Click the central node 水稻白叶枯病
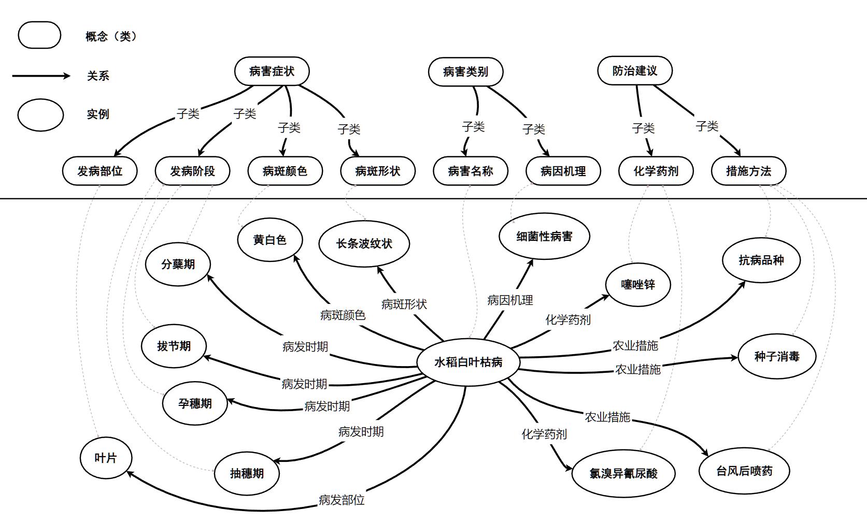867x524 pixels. [x=468, y=362]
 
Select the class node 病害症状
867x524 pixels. [x=272, y=71]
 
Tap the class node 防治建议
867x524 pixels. [x=634, y=70]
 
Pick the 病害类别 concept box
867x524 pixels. [x=465, y=71]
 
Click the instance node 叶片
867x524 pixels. [x=106, y=458]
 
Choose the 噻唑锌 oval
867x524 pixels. [x=637, y=284]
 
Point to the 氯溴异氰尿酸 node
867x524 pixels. [x=623, y=473]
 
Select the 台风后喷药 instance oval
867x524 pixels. [x=744, y=471]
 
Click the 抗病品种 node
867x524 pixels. [x=761, y=260]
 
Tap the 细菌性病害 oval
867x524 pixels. [x=544, y=237]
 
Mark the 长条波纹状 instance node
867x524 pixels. [x=364, y=243]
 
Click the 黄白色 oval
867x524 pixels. [x=269, y=240]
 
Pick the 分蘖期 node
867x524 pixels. [x=178, y=264]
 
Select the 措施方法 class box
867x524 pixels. [x=748, y=171]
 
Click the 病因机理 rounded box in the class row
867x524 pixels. [x=563, y=171]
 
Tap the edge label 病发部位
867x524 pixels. [x=342, y=500]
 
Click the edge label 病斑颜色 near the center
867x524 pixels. [x=343, y=315]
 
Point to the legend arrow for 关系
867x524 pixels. [x=41, y=76]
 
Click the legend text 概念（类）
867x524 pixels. [x=111, y=36]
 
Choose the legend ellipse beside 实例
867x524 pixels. [x=40, y=114]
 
